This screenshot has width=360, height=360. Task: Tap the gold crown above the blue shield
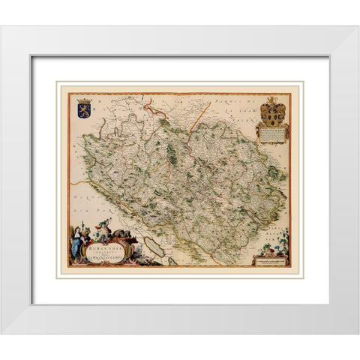pos(84,97)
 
